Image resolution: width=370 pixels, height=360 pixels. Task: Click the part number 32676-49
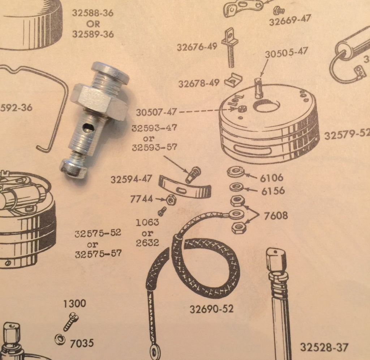click(197, 47)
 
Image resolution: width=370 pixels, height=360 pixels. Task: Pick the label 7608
click(276, 216)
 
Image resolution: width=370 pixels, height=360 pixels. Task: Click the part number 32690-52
click(211, 309)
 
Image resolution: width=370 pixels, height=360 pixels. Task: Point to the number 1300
click(75, 303)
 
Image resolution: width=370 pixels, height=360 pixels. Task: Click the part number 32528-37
click(324, 348)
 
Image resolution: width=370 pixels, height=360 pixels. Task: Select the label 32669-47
click(290, 20)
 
